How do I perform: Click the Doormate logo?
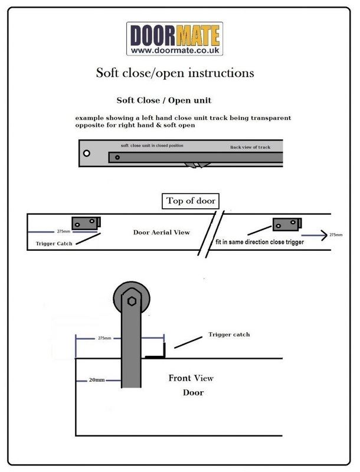pyautogui.click(x=175, y=38)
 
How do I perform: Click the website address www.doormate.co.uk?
pyautogui.click(x=175, y=50)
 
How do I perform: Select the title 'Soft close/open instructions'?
pyautogui.click(x=175, y=73)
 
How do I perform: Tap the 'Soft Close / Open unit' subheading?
pyautogui.click(x=164, y=100)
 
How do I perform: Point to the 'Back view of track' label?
pyautogui.click(x=250, y=147)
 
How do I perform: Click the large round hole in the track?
pyautogui.click(x=87, y=153)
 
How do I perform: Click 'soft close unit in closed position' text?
pyautogui.click(x=152, y=145)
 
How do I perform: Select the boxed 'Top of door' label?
pyautogui.click(x=191, y=201)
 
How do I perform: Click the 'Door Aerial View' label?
pyautogui.click(x=162, y=232)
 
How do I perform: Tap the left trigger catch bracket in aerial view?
pyautogui.click(x=86, y=223)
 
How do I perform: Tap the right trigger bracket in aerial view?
pyautogui.click(x=287, y=224)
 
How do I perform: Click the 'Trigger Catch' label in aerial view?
pyautogui.click(x=54, y=244)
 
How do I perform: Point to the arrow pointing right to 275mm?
pyautogui.click(x=314, y=235)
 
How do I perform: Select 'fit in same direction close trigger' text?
pyautogui.click(x=260, y=242)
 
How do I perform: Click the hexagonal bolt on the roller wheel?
pyautogui.click(x=132, y=301)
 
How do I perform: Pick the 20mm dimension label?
pyautogui.click(x=97, y=380)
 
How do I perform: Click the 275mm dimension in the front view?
pyautogui.click(x=104, y=338)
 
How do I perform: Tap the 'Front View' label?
pyautogui.click(x=191, y=378)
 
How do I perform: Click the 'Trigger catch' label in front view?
pyautogui.click(x=229, y=335)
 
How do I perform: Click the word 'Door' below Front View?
pyautogui.click(x=193, y=392)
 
